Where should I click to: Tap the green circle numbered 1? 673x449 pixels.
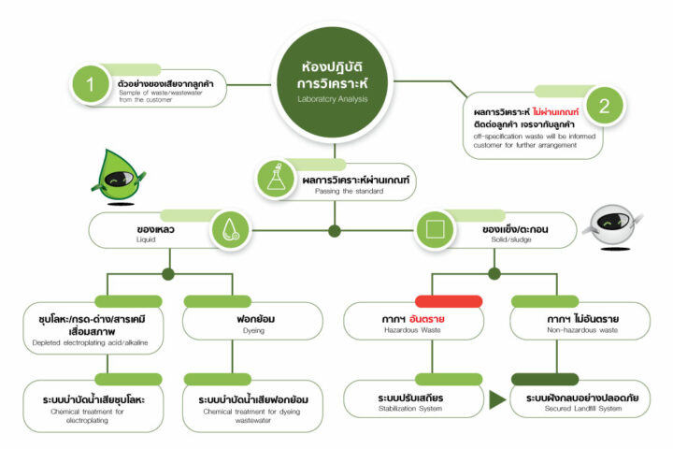90,85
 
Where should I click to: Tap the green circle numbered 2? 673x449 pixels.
604,106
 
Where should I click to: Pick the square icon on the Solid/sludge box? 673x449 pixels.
433,230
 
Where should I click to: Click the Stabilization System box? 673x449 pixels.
410,402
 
